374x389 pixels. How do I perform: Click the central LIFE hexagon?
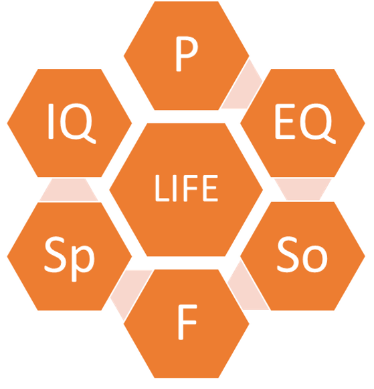coord(186,190)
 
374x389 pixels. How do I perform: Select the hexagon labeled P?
coord(187,56)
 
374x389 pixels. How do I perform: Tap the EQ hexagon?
coord(302,123)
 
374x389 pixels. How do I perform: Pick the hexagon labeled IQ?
coord(70,123)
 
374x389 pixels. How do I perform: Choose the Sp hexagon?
coord(70,256)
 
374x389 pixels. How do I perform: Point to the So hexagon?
coord(302,256)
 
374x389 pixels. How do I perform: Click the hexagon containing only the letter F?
coord(187,324)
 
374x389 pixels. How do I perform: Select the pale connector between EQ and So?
coord(303,189)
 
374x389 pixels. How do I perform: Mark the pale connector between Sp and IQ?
coord(69,190)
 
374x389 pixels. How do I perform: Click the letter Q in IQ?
coord(78,123)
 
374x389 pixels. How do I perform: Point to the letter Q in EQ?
coord(318,123)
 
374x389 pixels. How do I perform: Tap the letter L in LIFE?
coord(162,188)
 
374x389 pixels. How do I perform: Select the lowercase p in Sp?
coord(83,262)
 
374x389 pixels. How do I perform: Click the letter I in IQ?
coord(51,121)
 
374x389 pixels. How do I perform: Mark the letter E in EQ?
coord(285,121)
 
